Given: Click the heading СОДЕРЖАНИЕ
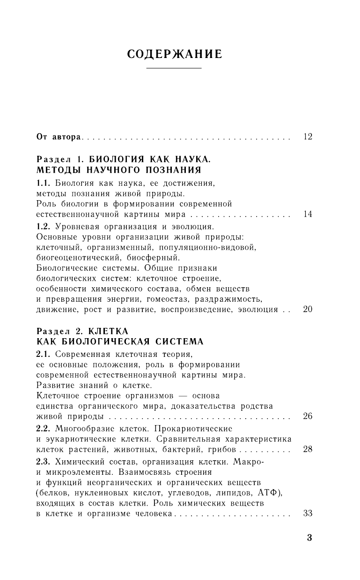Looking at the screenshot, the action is tap(175, 54).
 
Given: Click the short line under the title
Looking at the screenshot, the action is tap(175, 69).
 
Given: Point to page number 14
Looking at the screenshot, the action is tap(308, 215).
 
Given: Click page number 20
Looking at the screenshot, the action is tap(308, 309).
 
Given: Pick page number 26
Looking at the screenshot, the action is tap(308, 416).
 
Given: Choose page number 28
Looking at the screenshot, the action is tap(308, 449).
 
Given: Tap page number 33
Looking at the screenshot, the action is tap(308, 513).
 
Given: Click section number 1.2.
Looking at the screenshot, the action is tap(43, 227).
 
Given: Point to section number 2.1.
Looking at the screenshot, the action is tap(43, 354).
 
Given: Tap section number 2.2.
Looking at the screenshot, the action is tap(43, 428).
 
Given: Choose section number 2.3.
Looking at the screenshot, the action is tap(43, 462).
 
